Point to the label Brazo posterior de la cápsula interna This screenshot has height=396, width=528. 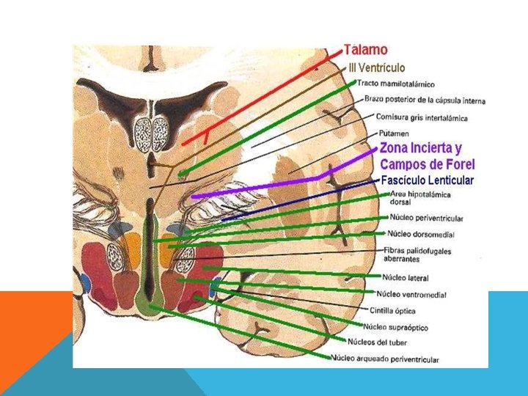click(425, 100)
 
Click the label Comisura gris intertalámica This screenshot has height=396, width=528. click(421, 117)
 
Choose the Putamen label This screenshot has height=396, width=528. click(389, 133)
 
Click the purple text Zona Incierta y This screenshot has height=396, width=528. click(420, 148)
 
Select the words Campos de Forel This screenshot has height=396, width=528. click(427, 164)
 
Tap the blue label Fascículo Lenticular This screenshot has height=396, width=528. click(428, 180)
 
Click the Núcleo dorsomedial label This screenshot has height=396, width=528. click(420, 235)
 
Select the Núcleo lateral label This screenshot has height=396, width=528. click(406, 278)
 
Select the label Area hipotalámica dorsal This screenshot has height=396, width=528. click(420, 197)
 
